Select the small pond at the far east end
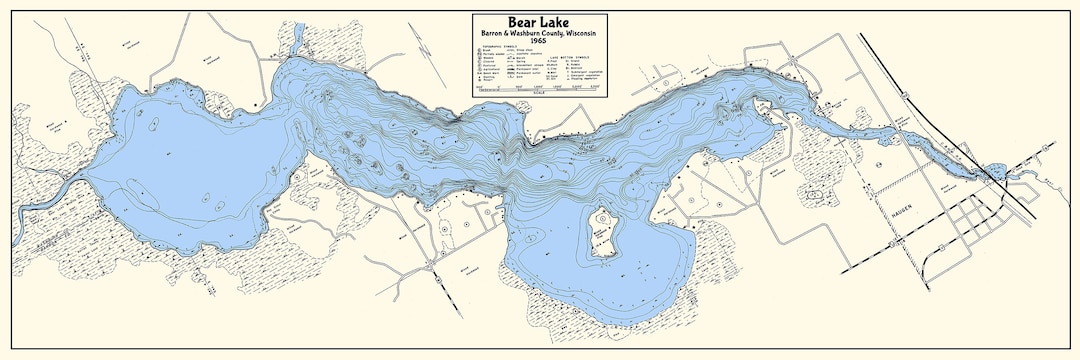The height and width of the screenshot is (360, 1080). point(996,169)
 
